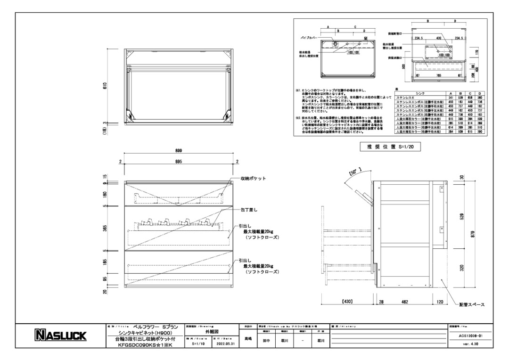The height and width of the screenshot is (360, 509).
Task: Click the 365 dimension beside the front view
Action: pos(106,228)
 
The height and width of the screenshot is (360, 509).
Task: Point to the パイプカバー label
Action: pos(310,36)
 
